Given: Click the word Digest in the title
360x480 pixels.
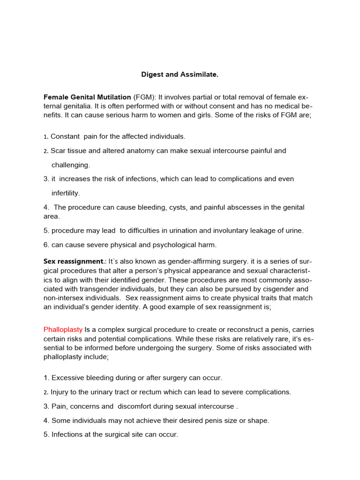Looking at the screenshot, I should pos(152,75).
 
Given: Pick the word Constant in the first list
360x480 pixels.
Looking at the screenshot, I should pos(65,136).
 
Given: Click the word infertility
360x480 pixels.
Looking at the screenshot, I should pos(66,193).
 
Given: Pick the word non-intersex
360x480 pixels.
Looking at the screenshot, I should pos(64,298).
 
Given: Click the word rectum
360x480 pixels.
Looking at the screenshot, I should pos(148,392).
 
